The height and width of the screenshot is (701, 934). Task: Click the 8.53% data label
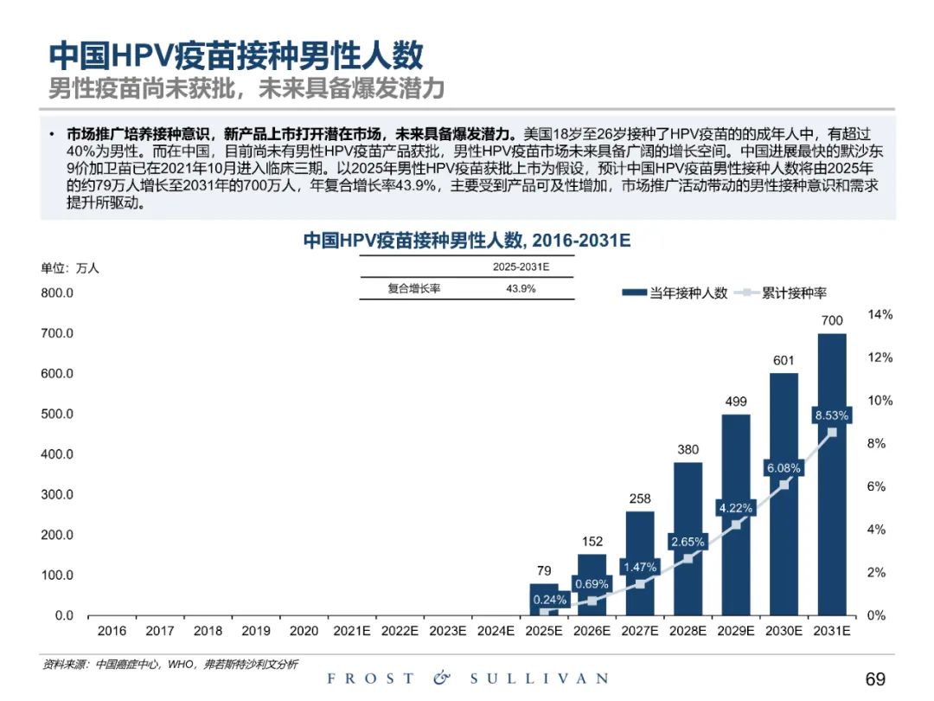[x=831, y=415]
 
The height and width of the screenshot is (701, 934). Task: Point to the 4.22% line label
[x=735, y=507]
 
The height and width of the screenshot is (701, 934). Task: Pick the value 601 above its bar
[x=784, y=360]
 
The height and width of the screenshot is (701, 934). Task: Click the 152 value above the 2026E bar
[x=592, y=542]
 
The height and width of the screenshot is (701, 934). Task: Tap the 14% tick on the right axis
[x=880, y=315]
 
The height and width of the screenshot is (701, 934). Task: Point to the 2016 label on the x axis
[x=112, y=632]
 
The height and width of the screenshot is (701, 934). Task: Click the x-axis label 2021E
[x=353, y=632]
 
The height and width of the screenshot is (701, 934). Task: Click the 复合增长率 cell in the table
[x=414, y=289]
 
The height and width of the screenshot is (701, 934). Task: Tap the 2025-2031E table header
[x=521, y=267]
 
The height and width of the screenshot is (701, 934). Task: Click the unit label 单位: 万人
[x=71, y=268]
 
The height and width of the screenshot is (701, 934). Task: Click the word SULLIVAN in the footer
[x=539, y=678]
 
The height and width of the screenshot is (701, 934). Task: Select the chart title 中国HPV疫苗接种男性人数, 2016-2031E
[x=466, y=241]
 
